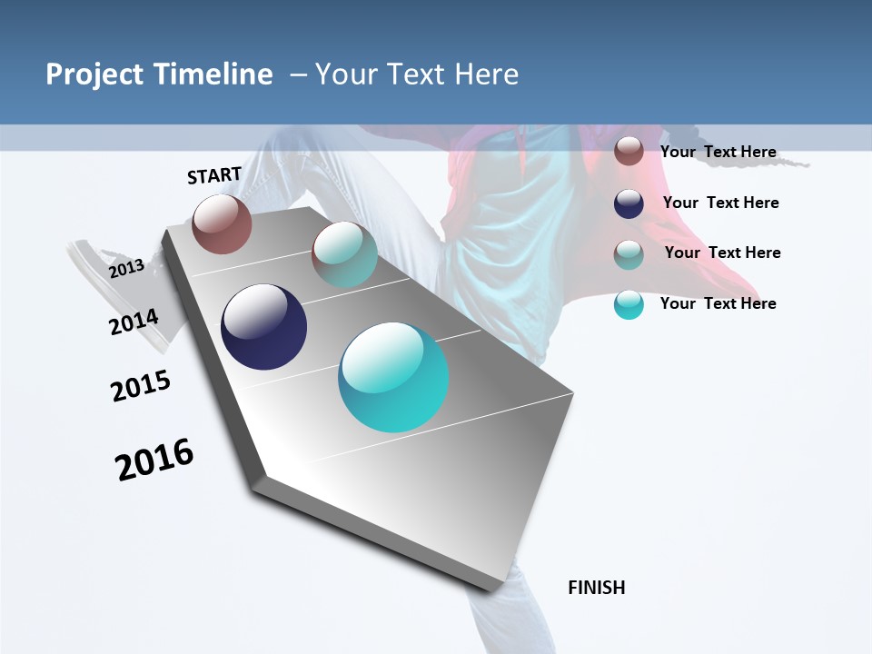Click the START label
coord(214,175)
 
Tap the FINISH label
coord(596,588)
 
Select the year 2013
coord(126,268)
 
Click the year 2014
coord(134,322)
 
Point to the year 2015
coord(141,386)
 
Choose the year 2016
coord(154,460)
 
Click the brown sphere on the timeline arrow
coord(222,223)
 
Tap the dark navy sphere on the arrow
coord(263,327)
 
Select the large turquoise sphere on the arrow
coord(393,377)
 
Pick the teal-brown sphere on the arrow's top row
coord(344,255)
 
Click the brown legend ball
coord(629,151)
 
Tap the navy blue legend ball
coord(629,203)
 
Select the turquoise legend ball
coord(629,304)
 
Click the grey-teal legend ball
coord(629,254)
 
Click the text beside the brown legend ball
coord(718,152)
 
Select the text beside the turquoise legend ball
coord(718,303)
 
